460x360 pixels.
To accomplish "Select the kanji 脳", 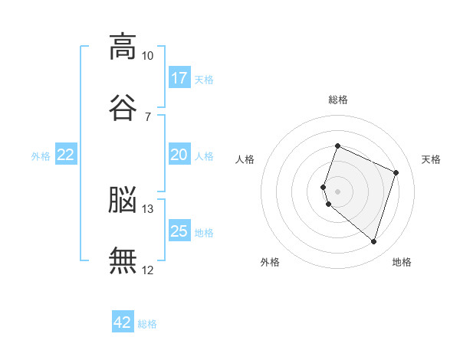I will (123, 200).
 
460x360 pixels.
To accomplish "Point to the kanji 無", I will (123, 260).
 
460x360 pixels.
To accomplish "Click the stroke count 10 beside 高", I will (147, 56).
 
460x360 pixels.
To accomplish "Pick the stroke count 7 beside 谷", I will (147, 116).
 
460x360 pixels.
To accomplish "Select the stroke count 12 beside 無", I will (147, 270).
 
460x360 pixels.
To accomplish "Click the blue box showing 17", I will (179, 78).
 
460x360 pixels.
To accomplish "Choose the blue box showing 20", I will (179, 155).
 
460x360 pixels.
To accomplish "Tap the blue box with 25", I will (179, 231).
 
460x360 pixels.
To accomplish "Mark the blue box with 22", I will (66, 155).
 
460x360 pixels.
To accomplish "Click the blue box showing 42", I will (123, 322).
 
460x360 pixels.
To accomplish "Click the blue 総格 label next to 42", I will (147, 324).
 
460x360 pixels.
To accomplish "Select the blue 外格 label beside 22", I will (41, 156).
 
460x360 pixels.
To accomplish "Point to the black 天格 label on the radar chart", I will (431, 159).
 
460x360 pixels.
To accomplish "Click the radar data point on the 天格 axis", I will (396, 172).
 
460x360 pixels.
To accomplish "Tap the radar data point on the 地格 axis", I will (373, 242).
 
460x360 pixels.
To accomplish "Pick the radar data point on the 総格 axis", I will (337, 146).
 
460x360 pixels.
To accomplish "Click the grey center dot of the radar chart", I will (337, 191).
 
